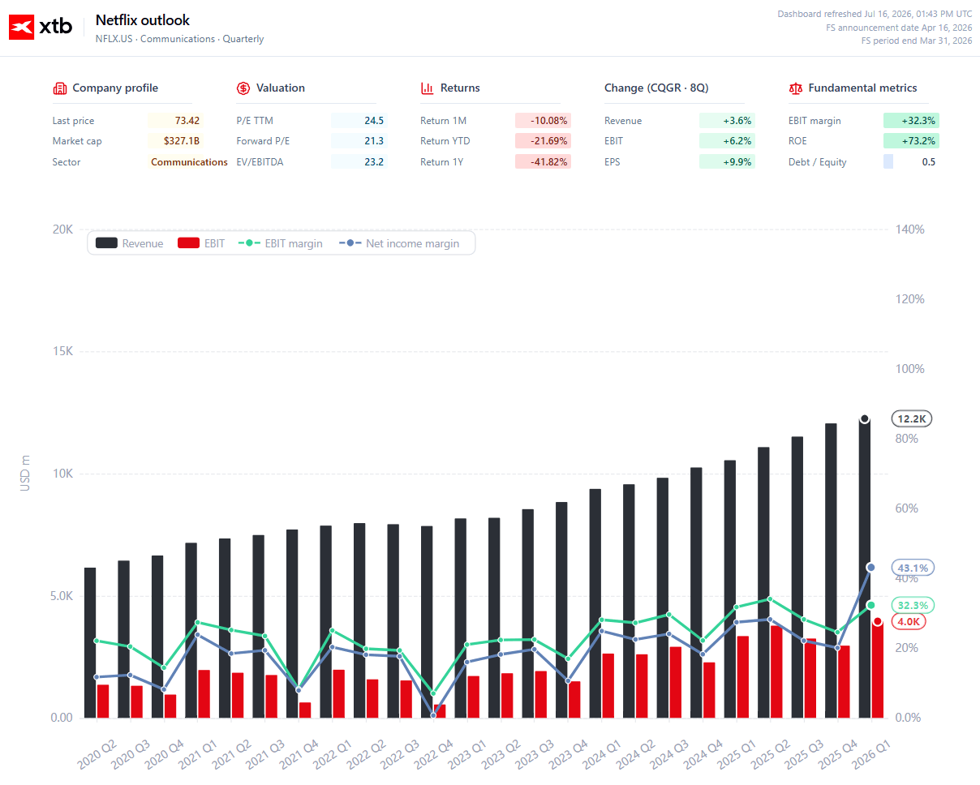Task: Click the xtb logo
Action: click(41, 27)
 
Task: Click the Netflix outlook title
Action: click(143, 20)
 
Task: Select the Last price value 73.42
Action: click(187, 121)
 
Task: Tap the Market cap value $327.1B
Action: click(182, 141)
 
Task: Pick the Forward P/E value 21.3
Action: click(374, 141)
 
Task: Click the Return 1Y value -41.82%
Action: click(548, 162)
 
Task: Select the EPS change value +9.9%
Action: click(737, 162)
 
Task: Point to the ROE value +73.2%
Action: click(918, 141)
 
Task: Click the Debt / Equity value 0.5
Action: click(929, 162)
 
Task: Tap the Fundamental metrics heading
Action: click(862, 88)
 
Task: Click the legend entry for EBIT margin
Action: click(281, 243)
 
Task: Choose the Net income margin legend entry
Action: click(399, 243)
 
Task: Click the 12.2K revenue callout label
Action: click(912, 419)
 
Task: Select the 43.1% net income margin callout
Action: click(913, 568)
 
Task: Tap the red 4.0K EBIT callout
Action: click(909, 621)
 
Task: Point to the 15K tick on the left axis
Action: click(62, 351)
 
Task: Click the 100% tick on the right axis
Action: click(910, 369)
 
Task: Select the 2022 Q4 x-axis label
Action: click(433, 754)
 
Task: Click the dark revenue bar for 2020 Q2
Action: click(90, 643)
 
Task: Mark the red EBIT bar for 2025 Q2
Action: click(776, 672)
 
